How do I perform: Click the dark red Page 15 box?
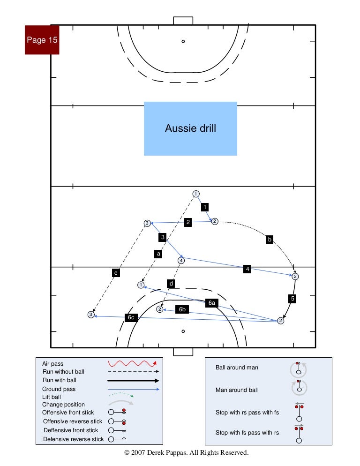pos(42,40)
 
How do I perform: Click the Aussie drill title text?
pos(190,128)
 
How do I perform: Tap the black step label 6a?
pos(212,303)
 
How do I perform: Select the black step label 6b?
pos(182,309)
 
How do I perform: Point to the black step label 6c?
pos(131,317)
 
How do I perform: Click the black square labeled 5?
pos(292,298)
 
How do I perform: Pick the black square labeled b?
pos(270,240)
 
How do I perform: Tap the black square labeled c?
pos(115,272)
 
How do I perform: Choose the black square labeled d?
pos(172,283)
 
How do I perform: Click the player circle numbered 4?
pos(181,260)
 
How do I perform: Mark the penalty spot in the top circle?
pos(183,41)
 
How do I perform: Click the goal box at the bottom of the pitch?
pos(183,352)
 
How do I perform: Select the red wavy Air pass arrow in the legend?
pos(132,363)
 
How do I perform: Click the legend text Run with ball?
pos(59,380)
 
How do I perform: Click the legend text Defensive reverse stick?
pos(74,439)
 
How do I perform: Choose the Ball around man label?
pos(237,368)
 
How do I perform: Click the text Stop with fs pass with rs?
pos(247,433)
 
